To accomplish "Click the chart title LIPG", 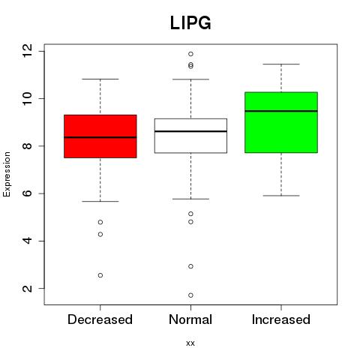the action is point(190,22).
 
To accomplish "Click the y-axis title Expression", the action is point(7,174).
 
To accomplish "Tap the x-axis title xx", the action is point(190,343).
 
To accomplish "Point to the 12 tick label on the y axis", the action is point(27,51).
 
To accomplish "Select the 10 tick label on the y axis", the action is point(27,98).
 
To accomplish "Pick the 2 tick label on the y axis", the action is point(27,288).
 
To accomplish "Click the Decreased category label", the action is point(100,319).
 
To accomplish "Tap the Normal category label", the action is point(190,319).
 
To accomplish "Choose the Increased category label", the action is point(281,319).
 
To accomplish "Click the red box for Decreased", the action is point(100,136).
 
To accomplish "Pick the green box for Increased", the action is point(281,122).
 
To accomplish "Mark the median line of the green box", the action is point(281,111).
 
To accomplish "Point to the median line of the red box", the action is point(100,137).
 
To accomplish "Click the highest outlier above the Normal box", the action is point(190,54).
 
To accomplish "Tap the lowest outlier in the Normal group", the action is point(190,295).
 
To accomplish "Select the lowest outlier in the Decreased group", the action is point(100,275).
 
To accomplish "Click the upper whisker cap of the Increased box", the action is point(281,64).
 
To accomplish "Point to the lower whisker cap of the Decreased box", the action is point(100,201).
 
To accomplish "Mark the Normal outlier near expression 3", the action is point(190,266).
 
